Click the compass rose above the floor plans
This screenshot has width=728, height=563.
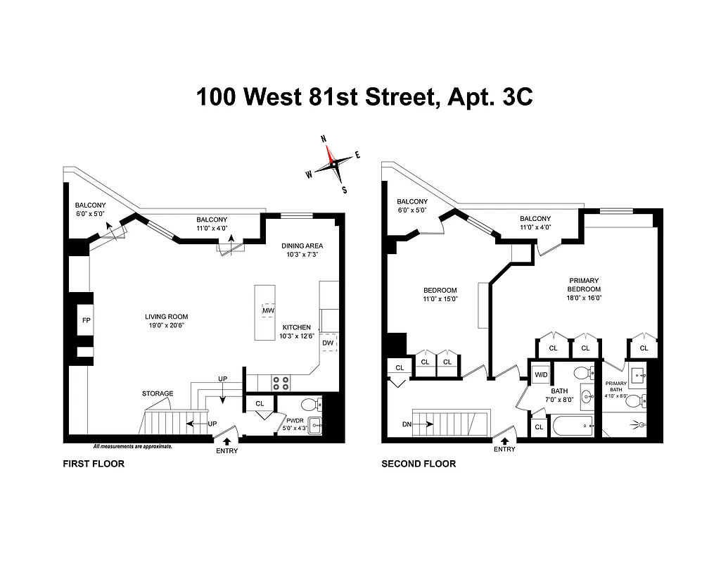333,163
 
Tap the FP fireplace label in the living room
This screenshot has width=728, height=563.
87,321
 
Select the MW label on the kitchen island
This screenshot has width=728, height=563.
268,310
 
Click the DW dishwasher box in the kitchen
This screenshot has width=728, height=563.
328,343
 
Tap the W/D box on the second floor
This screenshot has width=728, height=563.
540,374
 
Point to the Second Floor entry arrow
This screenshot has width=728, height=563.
504,441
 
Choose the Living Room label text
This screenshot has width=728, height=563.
166,317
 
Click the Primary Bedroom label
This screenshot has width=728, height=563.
585,284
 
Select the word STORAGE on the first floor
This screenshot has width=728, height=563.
158,393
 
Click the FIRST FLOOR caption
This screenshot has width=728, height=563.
94,464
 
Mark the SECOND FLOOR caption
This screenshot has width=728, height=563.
419,464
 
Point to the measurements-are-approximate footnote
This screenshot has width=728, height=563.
133,447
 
